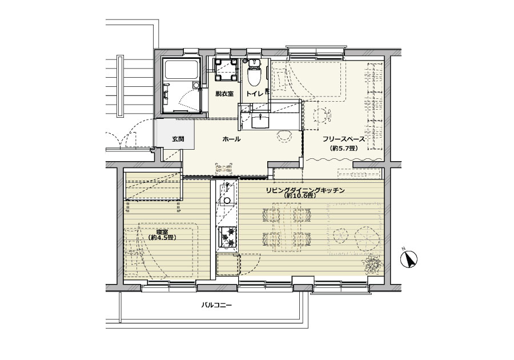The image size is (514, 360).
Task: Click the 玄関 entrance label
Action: point(178,139)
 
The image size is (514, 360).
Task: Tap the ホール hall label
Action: point(231,139)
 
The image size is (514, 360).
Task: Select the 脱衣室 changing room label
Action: point(224,94)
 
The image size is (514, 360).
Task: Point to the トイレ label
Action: point(255,94)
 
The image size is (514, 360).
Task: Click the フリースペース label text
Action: point(344,139)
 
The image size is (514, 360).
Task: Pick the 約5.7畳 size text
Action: point(344,148)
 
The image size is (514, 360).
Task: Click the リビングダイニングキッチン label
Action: point(305,190)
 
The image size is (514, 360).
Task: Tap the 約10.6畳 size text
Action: point(300,196)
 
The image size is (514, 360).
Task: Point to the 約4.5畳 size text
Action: point(162,238)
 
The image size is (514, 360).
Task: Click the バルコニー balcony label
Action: point(216,306)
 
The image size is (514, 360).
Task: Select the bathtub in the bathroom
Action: point(182,70)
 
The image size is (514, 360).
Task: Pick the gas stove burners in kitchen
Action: point(228,237)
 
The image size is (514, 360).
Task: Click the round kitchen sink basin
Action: point(227,201)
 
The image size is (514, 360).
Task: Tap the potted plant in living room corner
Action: point(372,264)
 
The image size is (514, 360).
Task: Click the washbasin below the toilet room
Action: point(260,121)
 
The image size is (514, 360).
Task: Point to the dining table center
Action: point(287,227)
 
